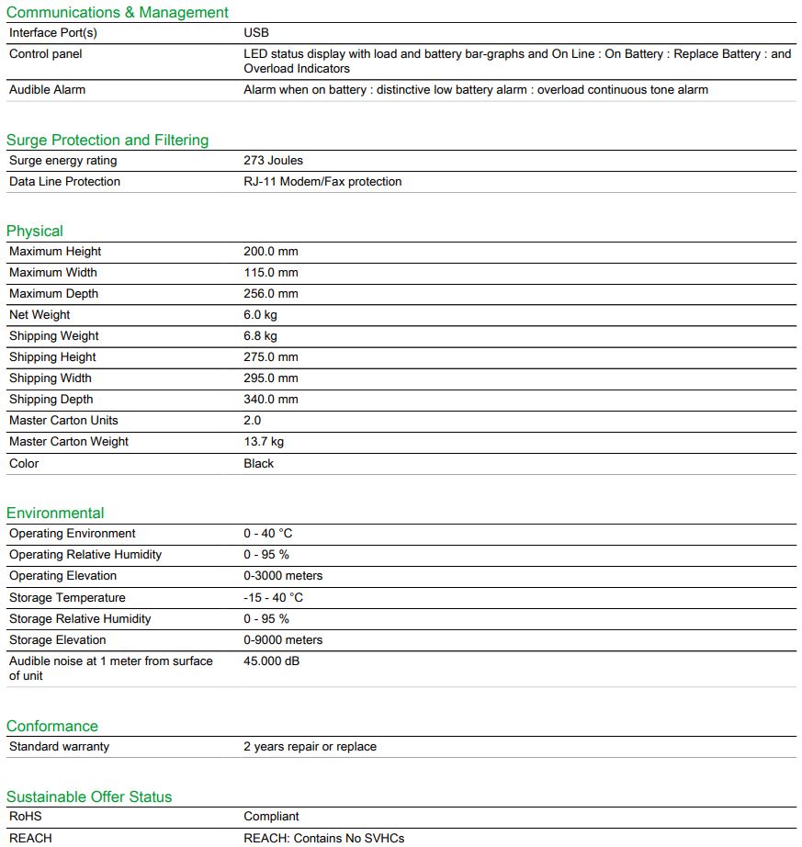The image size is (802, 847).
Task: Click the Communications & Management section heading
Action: [118, 13]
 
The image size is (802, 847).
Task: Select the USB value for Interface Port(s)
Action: [256, 33]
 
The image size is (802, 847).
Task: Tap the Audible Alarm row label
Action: [47, 90]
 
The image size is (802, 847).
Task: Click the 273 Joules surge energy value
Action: [273, 161]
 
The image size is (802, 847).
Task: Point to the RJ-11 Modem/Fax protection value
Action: [322, 182]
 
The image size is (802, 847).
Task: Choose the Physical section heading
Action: [35, 232]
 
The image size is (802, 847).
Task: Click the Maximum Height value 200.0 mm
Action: [271, 252]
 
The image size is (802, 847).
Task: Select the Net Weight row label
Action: [40, 315]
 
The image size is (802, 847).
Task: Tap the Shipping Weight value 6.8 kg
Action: [260, 336]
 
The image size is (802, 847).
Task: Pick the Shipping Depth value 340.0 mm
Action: [271, 400]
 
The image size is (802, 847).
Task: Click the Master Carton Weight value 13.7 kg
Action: [264, 442]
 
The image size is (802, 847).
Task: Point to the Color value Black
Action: [259, 464]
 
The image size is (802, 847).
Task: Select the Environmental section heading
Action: [55, 514]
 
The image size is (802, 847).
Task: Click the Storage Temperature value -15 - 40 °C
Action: [274, 598]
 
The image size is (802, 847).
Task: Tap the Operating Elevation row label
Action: [63, 576]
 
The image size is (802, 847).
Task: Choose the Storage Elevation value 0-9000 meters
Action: [283, 640]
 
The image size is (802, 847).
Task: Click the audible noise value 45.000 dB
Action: [271, 661]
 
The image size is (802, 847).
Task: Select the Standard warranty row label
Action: [59, 747]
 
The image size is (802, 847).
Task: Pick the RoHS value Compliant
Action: [271, 817]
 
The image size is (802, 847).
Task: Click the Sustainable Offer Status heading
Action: [89, 797]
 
